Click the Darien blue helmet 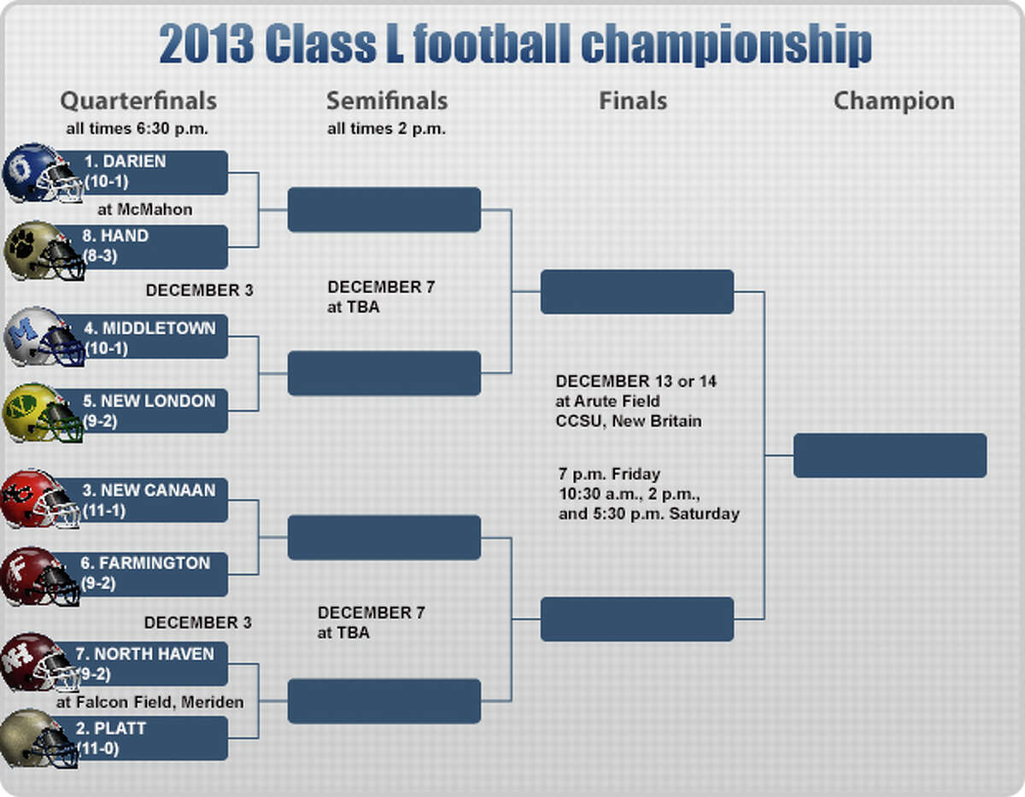(43, 173)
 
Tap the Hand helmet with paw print (44, 251)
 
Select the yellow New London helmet (43, 413)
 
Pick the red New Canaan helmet (40, 500)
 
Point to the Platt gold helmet (39, 739)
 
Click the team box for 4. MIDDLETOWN (142, 337)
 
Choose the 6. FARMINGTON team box (141, 574)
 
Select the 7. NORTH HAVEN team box (141, 664)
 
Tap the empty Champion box (890, 455)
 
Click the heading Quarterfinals (138, 101)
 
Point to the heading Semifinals (387, 101)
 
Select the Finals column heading (633, 101)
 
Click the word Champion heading (894, 102)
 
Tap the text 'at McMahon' (145, 209)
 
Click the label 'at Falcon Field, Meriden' (150, 702)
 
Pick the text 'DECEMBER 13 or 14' (635, 381)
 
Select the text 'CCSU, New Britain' (629, 420)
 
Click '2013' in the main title (207, 44)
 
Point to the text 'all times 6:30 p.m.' (137, 129)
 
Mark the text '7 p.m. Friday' (609, 474)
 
